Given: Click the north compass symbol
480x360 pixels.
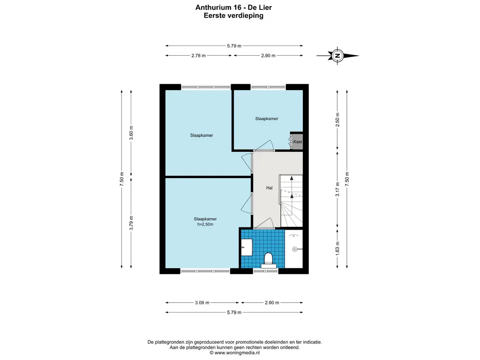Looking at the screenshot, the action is click(x=337, y=56).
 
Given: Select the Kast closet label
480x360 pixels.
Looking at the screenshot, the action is click(x=297, y=142).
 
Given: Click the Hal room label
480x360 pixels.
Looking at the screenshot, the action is click(x=269, y=188).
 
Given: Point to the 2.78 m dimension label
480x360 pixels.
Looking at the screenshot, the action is click(x=198, y=56).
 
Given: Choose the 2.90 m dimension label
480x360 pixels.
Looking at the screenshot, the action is click(x=268, y=56).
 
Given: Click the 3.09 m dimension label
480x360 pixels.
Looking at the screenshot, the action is click(x=202, y=303).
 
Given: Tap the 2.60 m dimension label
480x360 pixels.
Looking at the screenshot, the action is click(x=272, y=303).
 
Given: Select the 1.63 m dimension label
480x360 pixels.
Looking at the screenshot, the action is click(x=337, y=248).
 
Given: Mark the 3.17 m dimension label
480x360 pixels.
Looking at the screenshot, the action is click(x=337, y=189).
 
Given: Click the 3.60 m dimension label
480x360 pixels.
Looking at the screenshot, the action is click(x=131, y=133).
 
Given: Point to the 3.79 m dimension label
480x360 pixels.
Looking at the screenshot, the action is click(x=131, y=223).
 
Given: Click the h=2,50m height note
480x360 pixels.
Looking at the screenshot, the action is click(x=205, y=225).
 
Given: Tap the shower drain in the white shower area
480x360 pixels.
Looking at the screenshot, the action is click(x=295, y=249).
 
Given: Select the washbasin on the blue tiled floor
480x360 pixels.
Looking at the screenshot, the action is click(x=247, y=247).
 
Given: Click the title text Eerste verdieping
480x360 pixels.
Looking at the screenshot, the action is click(x=233, y=15).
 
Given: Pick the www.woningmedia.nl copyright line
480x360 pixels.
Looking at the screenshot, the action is click(x=234, y=352).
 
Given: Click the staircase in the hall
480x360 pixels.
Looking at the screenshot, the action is click(x=292, y=201).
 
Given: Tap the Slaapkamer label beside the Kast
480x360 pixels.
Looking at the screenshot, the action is click(x=267, y=119).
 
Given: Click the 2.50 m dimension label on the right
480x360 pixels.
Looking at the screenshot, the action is click(x=337, y=120).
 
